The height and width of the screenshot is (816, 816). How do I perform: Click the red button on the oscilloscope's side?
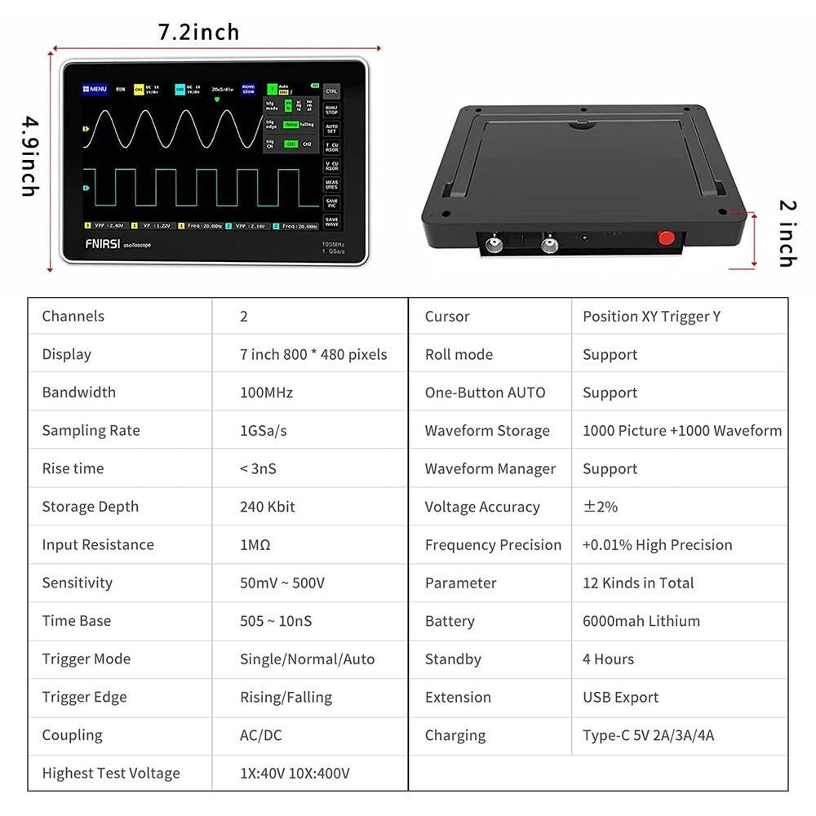click(x=667, y=238)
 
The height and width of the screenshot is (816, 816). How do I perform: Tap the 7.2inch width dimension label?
click(x=198, y=33)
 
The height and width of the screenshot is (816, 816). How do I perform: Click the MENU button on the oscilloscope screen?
click(x=95, y=89)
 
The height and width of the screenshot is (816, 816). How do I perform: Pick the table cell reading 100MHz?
click(x=266, y=392)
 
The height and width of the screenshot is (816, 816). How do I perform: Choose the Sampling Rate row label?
click(x=91, y=430)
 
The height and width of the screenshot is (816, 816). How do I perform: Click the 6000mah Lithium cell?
click(x=641, y=621)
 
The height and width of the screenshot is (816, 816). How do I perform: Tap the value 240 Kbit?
click(x=267, y=507)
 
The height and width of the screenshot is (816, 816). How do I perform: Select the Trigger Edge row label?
click(x=86, y=697)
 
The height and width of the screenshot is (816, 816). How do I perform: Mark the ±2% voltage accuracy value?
click(x=600, y=507)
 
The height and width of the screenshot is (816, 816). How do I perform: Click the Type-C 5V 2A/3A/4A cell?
click(x=648, y=735)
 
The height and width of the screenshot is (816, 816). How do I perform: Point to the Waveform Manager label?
click(x=490, y=468)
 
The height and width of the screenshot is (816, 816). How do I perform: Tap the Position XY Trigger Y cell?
click(x=651, y=317)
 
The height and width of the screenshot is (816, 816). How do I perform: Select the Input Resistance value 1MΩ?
click(x=255, y=544)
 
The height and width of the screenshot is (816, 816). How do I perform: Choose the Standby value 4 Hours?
click(x=608, y=659)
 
